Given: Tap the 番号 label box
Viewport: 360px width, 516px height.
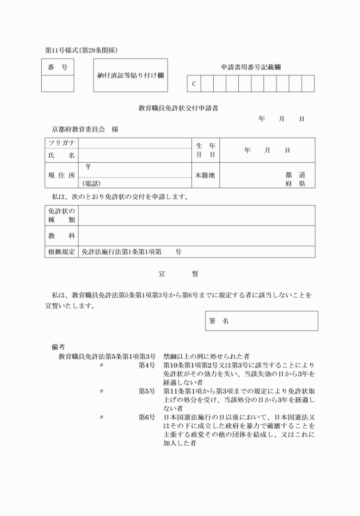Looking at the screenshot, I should (58, 67).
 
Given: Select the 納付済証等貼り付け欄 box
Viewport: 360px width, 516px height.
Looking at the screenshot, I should (131, 75).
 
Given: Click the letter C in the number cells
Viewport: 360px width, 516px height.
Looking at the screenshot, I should (194, 84).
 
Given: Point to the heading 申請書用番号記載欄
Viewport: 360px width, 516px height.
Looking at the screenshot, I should (251, 67).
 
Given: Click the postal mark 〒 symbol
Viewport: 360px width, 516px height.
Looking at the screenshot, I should (88, 167).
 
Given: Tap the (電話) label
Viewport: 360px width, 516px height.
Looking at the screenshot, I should (91, 183).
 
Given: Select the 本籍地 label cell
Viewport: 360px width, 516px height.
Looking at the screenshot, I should (205, 175).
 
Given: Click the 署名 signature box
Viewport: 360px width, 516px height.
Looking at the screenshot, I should (261, 321).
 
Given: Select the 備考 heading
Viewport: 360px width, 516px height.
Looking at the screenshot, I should (58, 347).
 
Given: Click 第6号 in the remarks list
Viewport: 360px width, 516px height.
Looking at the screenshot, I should (147, 417).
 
